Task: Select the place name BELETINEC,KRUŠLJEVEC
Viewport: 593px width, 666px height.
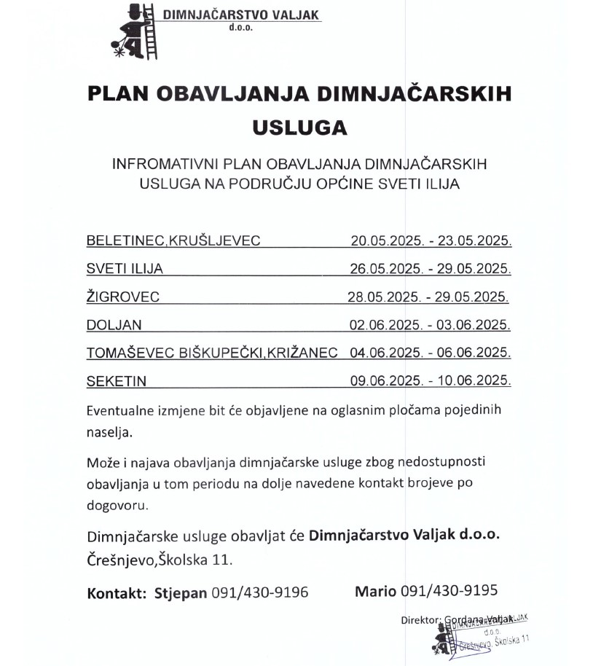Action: tap(173, 240)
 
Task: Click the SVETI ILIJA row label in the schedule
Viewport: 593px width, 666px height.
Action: tap(125, 269)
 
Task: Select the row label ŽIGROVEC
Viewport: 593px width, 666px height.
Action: tap(122, 297)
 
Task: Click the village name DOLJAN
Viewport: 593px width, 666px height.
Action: tap(114, 325)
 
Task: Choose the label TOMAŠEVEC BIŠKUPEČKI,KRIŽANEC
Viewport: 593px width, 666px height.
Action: tap(212, 353)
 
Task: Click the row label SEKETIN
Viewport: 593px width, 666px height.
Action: tap(117, 381)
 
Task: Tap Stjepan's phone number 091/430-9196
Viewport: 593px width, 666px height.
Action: tap(259, 592)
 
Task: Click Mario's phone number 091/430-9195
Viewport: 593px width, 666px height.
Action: tap(449, 591)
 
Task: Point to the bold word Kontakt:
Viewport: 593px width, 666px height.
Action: tap(117, 592)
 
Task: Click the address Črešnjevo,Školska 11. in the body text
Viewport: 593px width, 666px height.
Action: tap(160, 560)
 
